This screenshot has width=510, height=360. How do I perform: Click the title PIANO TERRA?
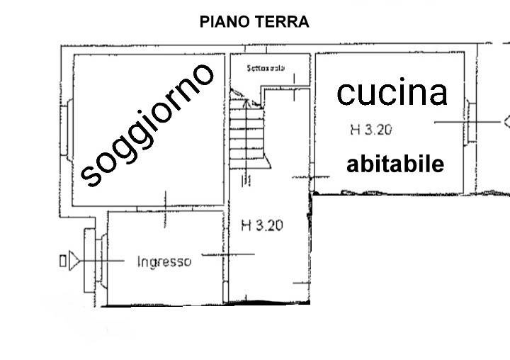(x=254, y=22)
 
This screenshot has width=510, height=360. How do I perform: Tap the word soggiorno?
(x=147, y=124)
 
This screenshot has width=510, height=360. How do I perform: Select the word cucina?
(x=392, y=92)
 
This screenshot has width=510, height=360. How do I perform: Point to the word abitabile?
(x=395, y=164)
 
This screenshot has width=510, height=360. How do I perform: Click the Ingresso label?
(x=164, y=261)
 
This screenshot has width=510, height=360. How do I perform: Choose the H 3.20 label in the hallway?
(x=263, y=226)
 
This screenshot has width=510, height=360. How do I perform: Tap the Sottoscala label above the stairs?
(x=266, y=69)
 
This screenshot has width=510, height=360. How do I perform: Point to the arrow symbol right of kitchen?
(x=505, y=121)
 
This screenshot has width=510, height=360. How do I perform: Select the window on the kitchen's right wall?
(x=470, y=123)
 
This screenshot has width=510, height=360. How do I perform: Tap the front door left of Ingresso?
(x=91, y=261)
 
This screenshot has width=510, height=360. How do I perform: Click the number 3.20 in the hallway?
(x=270, y=226)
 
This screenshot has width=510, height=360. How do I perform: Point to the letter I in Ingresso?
(x=138, y=261)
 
